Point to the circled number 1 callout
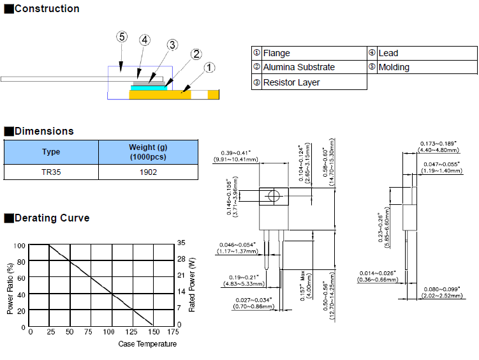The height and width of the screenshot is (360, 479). click(x=210, y=67)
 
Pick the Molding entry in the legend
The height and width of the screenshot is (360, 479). click(x=394, y=67)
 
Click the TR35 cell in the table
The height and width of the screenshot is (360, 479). click(x=51, y=172)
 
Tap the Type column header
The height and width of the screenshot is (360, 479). click(x=51, y=152)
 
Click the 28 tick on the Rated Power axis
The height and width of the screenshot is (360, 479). click(x=181, y=259)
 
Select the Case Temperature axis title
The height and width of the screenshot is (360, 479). click(x=147, y=344)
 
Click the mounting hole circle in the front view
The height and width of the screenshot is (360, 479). click(x=274, y=197)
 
